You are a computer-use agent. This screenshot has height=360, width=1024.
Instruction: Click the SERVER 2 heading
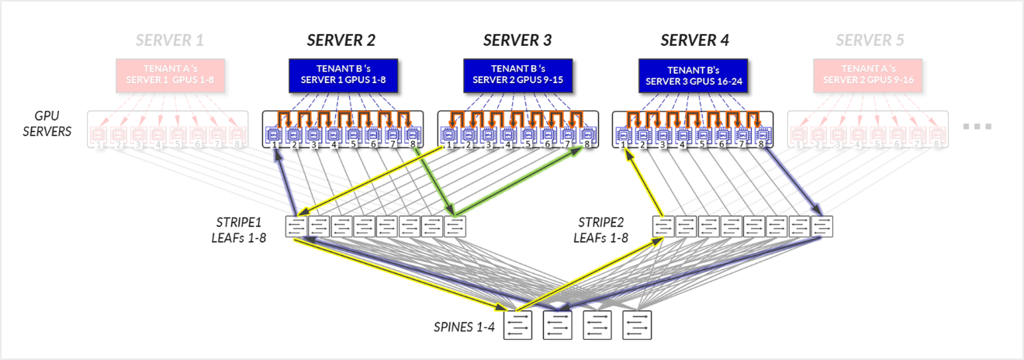(342, 40)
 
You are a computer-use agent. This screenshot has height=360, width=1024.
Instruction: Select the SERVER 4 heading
(694, 40)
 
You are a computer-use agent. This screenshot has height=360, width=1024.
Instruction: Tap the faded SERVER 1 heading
(170, 40)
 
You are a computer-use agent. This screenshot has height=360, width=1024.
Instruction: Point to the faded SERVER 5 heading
(870, 40)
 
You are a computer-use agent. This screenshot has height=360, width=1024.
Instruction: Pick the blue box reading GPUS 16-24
(694, 74)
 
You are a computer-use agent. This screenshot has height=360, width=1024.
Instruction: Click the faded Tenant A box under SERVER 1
(171, 74)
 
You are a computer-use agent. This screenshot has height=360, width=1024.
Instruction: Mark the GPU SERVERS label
(47, 125)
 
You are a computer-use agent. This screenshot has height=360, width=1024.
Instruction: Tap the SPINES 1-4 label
(463, 327)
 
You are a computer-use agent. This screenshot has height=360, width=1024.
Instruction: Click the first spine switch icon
(518, 325)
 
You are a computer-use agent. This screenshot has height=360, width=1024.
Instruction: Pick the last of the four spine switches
(636, 325)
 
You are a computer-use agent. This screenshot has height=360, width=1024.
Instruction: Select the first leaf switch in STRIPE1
(297, 226)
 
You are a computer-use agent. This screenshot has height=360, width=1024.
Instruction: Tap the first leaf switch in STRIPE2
(663, 226)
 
